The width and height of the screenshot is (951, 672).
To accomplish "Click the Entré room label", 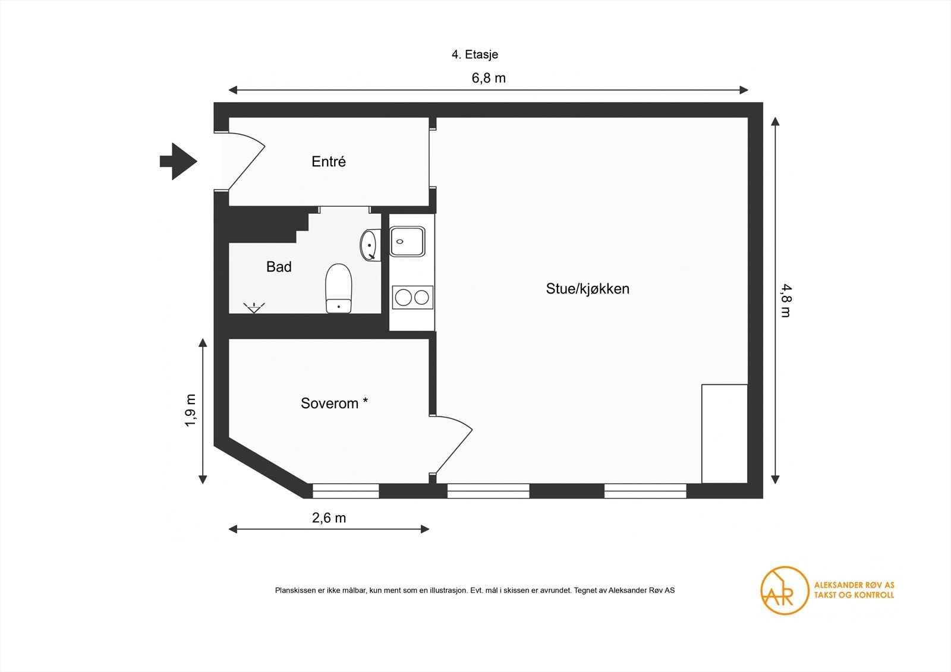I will [328, 162].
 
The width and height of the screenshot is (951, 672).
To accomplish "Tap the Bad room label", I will [279, 267].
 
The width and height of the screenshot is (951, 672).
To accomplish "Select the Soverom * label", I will [334, 403].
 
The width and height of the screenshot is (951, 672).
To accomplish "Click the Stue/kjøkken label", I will [587, 289].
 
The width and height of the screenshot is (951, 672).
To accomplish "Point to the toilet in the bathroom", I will [339, 288].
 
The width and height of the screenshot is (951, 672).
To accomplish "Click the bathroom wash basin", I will [369, 244].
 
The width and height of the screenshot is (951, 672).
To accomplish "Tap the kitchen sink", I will [407, 241].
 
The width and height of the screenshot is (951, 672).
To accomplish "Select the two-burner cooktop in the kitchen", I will [412, 296].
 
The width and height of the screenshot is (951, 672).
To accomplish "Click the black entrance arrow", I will [178, 161].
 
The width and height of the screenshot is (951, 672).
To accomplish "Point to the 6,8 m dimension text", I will [489, 78].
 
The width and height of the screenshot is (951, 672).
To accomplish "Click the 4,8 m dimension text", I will [785, 301].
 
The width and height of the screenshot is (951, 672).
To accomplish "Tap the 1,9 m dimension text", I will [190, 410].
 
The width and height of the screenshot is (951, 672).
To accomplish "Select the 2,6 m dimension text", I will [329, 518].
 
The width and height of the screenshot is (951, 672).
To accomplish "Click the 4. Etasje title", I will [474, 55].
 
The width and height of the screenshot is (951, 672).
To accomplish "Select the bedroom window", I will [345, 491].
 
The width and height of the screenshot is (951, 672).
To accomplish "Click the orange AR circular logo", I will [785, 590].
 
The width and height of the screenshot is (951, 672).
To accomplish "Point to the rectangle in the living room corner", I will [724, 434].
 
